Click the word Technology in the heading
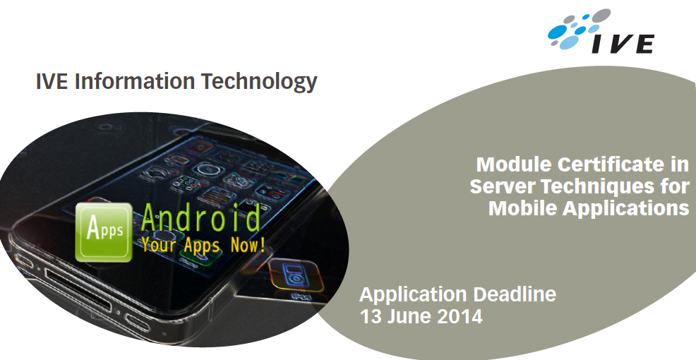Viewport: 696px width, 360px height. point(259,82)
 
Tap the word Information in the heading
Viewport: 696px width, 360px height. point(135,80)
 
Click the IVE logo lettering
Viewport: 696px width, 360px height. point(621,44)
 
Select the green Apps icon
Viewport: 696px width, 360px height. point(104,232)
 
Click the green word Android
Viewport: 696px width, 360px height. point(200,217)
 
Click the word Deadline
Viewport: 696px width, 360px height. point(514,294)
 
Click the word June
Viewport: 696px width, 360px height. point(409,316)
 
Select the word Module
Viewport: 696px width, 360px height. point(514,164)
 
